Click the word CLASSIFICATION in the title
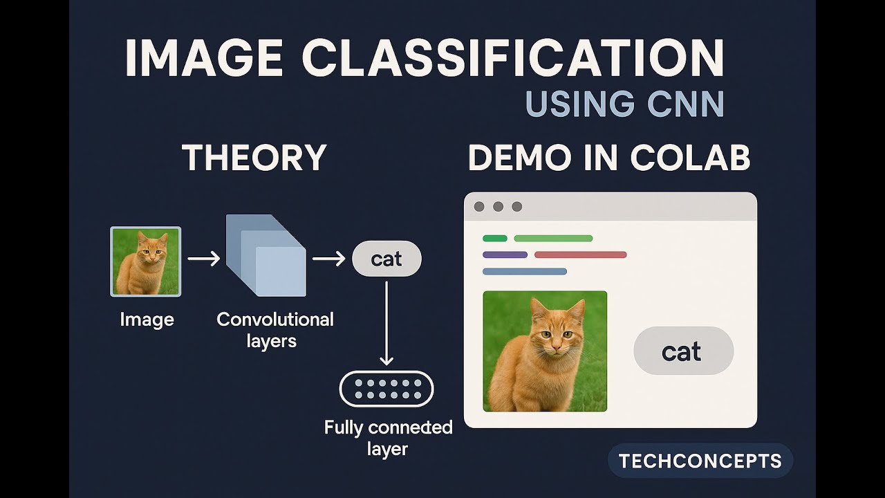512,59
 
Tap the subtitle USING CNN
624,104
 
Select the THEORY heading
254,158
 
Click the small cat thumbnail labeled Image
146,261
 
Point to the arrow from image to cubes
203,259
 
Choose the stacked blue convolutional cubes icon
265,254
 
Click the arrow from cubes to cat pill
328,259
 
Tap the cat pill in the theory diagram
386,259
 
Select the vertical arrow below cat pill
386,322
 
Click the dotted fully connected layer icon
386,389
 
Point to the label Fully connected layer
388,437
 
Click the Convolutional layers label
274,329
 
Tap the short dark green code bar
494,238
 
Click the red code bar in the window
580,255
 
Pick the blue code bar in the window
524,271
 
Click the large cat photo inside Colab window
545,351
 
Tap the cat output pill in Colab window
683,351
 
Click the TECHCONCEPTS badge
700,461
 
